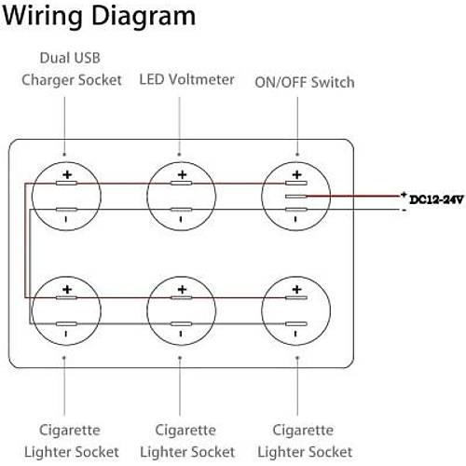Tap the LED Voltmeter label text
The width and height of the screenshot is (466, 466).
point(186,79)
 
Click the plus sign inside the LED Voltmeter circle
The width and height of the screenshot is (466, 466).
point(182,174)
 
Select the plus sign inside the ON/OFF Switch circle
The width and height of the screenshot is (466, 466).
point(296,174)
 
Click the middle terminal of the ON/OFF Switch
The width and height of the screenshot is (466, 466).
point(296,198)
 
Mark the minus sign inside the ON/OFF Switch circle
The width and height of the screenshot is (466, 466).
point(296,221)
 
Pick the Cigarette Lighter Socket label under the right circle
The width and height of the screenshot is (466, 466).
point(301,440)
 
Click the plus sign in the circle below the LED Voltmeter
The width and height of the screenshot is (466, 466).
point(182,290)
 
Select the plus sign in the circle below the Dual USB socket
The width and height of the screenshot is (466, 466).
point(66,290)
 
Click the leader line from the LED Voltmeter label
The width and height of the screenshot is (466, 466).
point(181,121)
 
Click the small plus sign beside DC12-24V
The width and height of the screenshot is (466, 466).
point(403,193)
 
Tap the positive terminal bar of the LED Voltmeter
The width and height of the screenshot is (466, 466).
point(182,185)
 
